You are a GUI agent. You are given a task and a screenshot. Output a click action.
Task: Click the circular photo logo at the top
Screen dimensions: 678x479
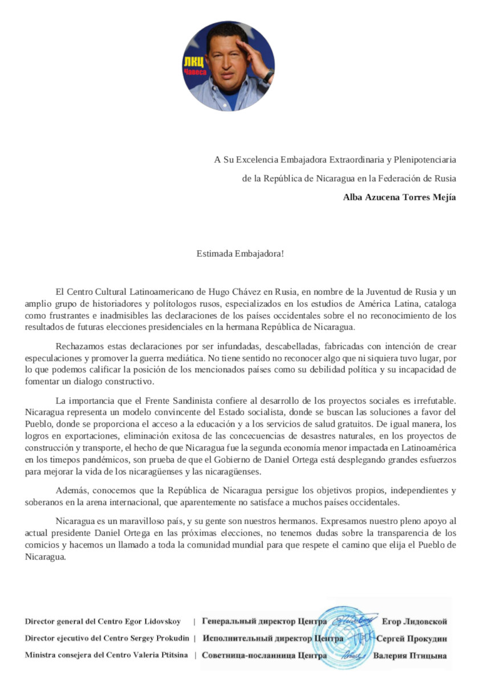coord(228,66)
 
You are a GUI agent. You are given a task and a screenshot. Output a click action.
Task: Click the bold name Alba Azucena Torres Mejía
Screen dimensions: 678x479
coord(399,197)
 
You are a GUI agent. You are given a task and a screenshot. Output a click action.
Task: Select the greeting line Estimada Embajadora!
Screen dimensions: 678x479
coord(240,253)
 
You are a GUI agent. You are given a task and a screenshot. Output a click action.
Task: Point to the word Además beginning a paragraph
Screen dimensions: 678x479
coord(71,490)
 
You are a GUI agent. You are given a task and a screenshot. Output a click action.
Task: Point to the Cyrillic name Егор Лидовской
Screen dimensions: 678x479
coord(414,622)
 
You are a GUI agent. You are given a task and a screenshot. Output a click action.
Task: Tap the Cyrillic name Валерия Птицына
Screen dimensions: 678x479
coord(410,656)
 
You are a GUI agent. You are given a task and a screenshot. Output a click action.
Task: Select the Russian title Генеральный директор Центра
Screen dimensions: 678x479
coord(265,622)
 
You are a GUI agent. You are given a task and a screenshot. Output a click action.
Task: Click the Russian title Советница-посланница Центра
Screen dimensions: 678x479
coord(264,656)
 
